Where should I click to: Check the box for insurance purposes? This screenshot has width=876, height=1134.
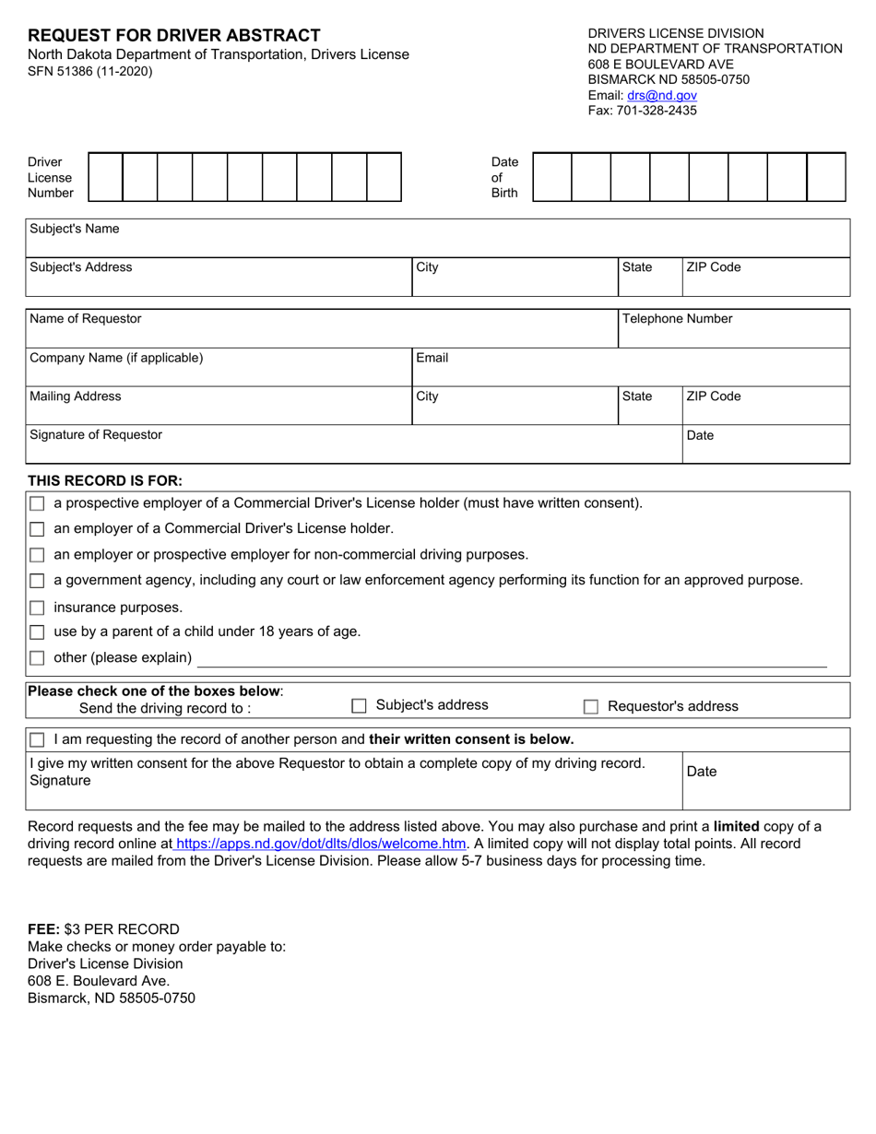pos(37,608)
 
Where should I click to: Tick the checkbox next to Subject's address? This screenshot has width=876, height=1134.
pos(359,706)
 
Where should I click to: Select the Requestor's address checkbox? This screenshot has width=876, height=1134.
pos(590,707)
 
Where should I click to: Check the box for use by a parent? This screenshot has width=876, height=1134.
pos(37,632)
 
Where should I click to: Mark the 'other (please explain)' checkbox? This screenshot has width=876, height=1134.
pos(37,658)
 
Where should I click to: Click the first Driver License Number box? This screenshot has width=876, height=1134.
pos(105,177)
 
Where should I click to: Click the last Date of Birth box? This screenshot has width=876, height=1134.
pos(825,177)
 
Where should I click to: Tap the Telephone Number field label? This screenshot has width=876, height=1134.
pos(677,319)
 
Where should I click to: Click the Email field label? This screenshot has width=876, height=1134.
pos(432,358)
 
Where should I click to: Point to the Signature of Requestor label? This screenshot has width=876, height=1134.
pos(96,434)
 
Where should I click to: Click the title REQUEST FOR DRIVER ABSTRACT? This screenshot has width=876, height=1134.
pos(174,36)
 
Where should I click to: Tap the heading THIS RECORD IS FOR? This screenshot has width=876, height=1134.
pos(105,480)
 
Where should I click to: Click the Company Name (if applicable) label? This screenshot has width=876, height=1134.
pos(116,358)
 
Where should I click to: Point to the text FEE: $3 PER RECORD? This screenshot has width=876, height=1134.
pos(103,928)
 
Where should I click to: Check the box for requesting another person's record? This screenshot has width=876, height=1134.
pos(37,740)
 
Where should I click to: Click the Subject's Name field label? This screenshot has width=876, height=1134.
pos(75,229)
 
